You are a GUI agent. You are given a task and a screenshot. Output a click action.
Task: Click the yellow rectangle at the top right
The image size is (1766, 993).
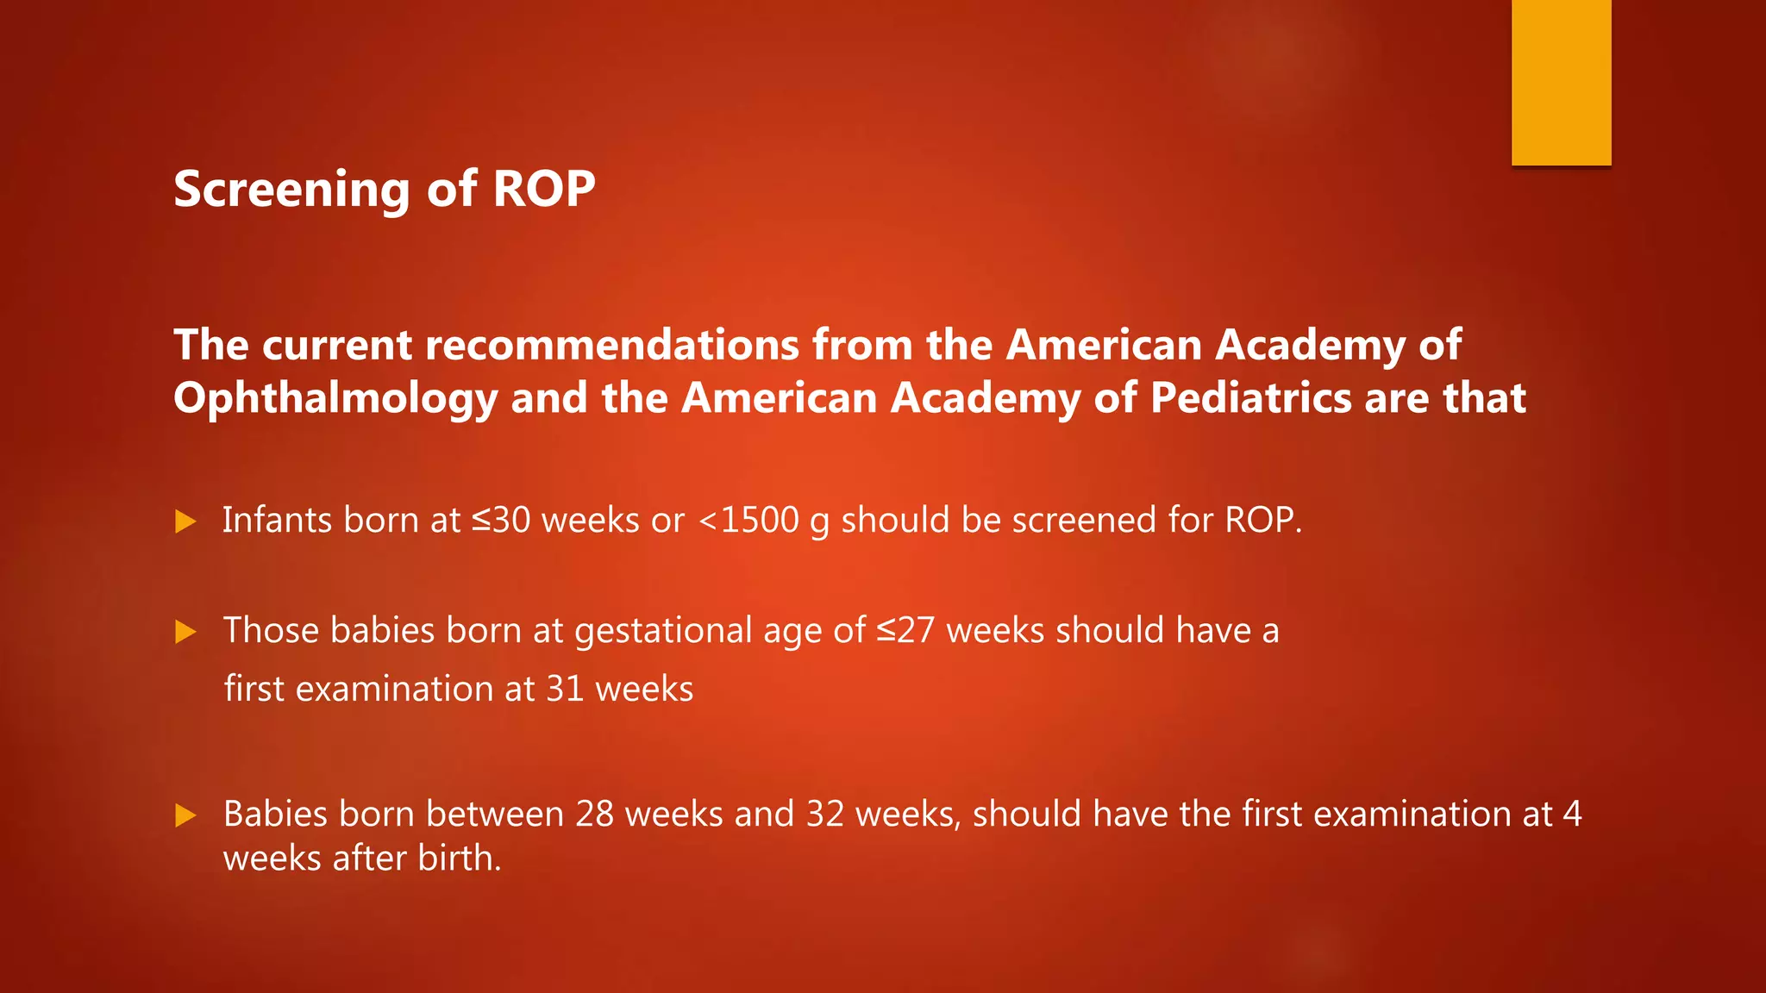click(1561, 82)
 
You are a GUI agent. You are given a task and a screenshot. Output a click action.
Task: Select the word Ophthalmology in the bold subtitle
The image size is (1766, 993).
click(335, 399)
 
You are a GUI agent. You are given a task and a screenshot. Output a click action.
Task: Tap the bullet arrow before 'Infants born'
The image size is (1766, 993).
click(185, 521)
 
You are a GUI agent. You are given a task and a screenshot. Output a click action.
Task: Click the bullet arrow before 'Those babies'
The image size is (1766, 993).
click(185, 632)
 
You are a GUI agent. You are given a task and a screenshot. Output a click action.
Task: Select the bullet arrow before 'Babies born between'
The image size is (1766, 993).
click(185, 815)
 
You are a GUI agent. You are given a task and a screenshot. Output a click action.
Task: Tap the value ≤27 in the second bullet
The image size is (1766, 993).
click(905, 630)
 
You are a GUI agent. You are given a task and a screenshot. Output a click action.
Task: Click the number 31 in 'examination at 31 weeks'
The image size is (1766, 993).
click(565, 689)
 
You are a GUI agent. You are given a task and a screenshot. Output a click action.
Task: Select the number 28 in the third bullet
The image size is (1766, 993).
click(594, 814)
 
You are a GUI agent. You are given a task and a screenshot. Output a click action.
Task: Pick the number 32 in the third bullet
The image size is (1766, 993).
click(824, 814)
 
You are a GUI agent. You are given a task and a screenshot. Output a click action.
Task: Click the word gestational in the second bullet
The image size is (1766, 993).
click(663, 630)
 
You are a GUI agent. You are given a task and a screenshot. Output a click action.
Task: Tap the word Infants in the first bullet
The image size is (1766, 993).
click(277, 520)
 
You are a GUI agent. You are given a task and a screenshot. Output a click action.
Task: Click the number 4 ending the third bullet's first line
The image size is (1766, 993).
click(1572, 814)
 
